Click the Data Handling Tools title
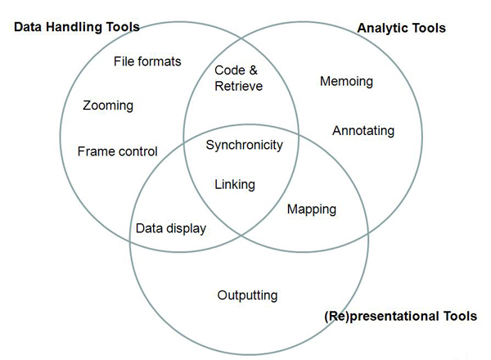[x=76, y=27]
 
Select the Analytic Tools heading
[x=401, y=28]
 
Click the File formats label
[x=147, y=61]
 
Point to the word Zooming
[x=108, y=106]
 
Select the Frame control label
[x=117, y=151]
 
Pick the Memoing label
[x=346, y=82]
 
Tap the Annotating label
[x=363, y=131]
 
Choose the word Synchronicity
[x=244, y=146]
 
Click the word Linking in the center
[x=235, y=185]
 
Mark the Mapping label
[x=311, y=209]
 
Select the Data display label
[x=170, y=229]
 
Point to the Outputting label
[x=247, y=295]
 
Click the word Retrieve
[x=239, y=85]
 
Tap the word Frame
[x=95, y=151]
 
